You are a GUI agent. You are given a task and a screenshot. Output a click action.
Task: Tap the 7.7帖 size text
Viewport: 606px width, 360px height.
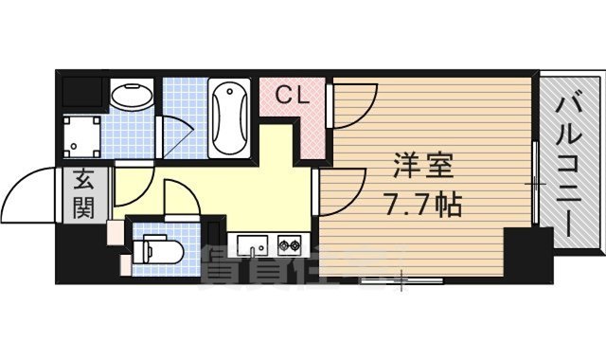(x=423, y=204)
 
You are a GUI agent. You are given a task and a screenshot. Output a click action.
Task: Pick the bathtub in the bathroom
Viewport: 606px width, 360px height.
(x=227, y=120)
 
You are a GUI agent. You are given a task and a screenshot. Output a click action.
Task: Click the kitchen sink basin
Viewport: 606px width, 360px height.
(x=251, y=247)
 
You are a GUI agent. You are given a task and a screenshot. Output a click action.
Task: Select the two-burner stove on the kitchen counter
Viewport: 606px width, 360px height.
(x=288, y=247)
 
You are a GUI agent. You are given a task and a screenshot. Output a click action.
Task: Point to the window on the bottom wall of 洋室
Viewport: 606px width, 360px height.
(x=401, y=280)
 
